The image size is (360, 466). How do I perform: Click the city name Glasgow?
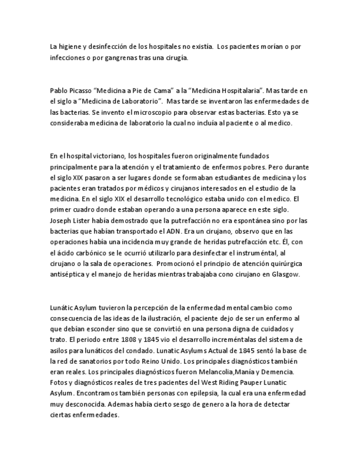pos(286,274)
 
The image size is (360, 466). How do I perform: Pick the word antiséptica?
pos(66,274)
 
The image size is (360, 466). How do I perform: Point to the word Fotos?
pos(58,382)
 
